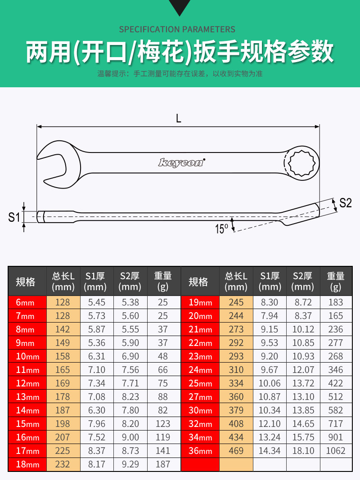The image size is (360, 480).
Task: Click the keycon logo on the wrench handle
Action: click(181, 162)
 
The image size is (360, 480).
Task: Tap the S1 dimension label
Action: click(14, 217)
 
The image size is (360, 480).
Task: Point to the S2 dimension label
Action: click(346, 203)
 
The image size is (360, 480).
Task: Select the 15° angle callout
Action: click(222, 229)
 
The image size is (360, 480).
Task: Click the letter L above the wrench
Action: click(179, 118)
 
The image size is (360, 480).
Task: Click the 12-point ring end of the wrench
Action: click(301, 162)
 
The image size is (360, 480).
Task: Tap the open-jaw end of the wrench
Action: click(58, 164)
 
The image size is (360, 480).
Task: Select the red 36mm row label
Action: click(200, 451)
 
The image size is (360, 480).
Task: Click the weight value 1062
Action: click(336, 451)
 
